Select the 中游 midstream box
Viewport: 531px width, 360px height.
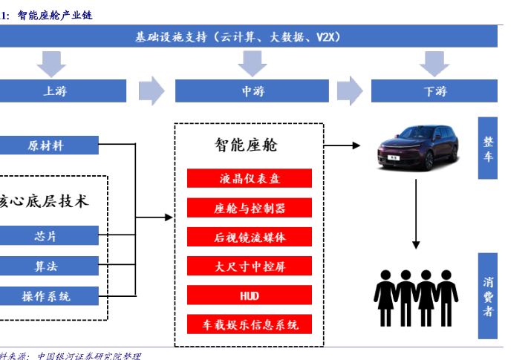pyautogui.click(x=252, y=91)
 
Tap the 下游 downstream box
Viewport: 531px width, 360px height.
pyautogui.click(x=434, y=91)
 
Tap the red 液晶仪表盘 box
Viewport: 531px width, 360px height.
pyautogui.click(x=249, y=178)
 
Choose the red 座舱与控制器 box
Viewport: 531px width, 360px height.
pyautogui.click(x=249, y=208)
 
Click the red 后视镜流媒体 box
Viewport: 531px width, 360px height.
pyautogui.click(x=249, y=237)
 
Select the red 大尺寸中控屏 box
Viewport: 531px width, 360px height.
pyautogui.click(x=249, y=266)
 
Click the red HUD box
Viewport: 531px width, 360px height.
pyautogui.click(x=249, y=295)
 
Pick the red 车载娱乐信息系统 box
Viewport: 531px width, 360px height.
pyautogui.click(x=249, y=324)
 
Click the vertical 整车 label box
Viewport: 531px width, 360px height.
pyautogui.click(x=487, y=148)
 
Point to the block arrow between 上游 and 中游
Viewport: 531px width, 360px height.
pyautogui.click(x=152, y=91)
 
